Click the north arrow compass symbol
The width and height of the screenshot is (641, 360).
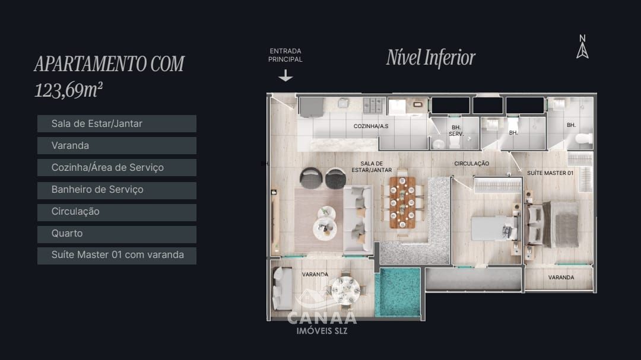[x=582, y=47]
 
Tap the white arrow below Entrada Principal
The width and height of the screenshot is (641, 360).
[x=285, y=75]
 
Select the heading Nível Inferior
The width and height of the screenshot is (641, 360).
[x=431, y=58]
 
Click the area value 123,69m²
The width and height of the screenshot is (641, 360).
[x=69, y=90]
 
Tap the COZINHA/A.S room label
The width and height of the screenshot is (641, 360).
[x=371, y=126]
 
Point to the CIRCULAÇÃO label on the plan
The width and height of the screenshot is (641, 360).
[x=471, y=163]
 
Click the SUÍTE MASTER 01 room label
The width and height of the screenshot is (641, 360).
[x=550, y=173]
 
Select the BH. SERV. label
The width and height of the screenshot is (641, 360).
[x=456, y=130]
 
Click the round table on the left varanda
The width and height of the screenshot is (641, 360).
[x=345, y=290]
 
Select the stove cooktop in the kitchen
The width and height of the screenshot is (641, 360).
[x=373, y=105]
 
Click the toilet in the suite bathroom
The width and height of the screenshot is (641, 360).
[x=583, y=139]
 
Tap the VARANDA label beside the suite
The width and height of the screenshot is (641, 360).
[x=561, y=278]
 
